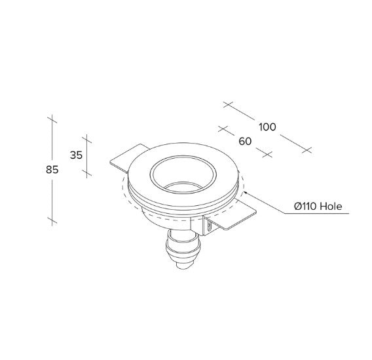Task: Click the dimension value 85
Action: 52,170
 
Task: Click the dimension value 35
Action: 76,155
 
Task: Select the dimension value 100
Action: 267,127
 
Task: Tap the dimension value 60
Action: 245,141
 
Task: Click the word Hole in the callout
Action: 331,206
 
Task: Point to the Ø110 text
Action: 305,206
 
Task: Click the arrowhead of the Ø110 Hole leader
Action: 245,191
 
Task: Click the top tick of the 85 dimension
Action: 52,119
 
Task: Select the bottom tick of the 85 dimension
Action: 52,220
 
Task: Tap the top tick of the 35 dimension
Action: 87,139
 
